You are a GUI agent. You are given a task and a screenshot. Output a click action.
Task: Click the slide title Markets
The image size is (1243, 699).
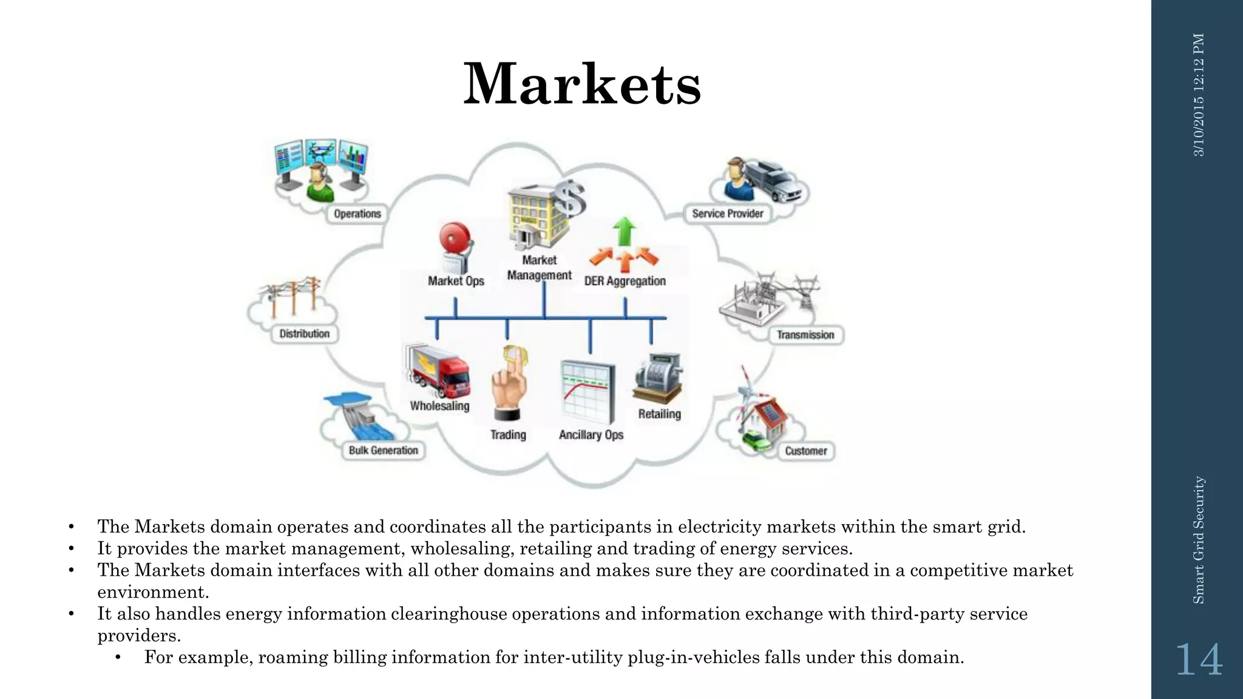tap(582, 84)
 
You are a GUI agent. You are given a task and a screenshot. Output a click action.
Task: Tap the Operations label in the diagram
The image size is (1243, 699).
tap(357, 214)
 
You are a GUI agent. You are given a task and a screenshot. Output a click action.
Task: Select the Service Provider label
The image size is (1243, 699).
tap(727, 214)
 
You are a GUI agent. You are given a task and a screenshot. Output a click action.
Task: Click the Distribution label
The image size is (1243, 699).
tap(304, 334)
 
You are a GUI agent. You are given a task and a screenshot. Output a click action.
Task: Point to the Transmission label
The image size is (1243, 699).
tap(805, 335)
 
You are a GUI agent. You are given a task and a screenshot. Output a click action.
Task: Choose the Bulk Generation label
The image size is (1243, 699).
tap(383, 450)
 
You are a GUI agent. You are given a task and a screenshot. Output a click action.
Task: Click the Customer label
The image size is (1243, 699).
tap(805, 451)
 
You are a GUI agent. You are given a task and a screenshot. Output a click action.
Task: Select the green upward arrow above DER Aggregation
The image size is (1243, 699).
tap(624, 231)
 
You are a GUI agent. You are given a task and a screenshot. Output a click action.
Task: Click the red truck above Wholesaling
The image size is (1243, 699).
tap(438, 372)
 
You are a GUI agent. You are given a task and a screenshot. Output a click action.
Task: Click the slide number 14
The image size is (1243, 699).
tap(1199, 660)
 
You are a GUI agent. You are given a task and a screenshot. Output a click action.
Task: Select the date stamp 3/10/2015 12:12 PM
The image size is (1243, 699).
tap(1199, 95)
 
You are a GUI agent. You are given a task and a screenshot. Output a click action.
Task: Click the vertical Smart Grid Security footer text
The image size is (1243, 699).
tap(1199, 539)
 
